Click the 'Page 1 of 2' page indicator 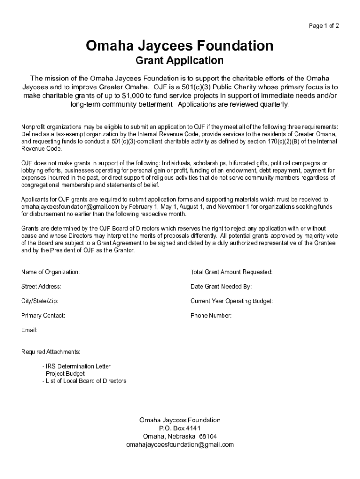coord(324,26)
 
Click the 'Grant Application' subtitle coord(180,60)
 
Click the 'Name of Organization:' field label coord(50,272)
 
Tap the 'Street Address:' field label coord(41,286)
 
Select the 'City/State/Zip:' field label coord(40,301)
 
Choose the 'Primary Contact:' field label coord(43,316)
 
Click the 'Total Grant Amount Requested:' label coord(231,272)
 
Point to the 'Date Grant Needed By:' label coord(221,286)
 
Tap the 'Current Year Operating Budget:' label coord(231,301)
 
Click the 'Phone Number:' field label coord(211,316)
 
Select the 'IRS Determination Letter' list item coord(77,366)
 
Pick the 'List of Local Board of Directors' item coord(85,381)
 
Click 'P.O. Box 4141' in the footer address coord(180,428)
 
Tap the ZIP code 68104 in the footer coord(208,436)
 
